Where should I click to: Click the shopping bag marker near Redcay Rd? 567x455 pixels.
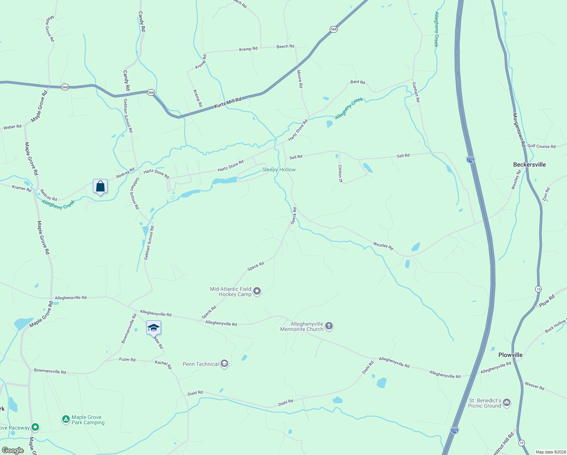[x=100, y=187]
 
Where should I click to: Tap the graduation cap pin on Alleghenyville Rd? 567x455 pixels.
[x=153, y=328]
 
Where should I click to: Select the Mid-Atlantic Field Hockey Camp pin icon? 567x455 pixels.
[x=257, y=291]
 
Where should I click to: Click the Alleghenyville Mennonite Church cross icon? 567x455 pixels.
[x=329, y=326]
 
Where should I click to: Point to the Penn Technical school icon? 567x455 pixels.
[x=224, y=364]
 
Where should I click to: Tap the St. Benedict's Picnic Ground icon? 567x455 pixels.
[x=507, y=403]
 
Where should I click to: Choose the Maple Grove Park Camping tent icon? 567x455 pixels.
[x=66, y=419]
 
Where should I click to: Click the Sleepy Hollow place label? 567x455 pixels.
[x=279, y=169]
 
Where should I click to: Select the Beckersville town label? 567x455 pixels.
[x=529, y=165]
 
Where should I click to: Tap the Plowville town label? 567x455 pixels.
[x=510, y=355]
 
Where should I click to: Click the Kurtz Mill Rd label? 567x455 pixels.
[x=228, y=103]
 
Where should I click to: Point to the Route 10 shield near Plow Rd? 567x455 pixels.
[x=538, y=289]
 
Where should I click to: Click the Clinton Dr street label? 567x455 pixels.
[x=340, y=174]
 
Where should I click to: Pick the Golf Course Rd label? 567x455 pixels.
[x=541, y=146]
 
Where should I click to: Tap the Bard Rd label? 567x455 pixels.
[x=357, y=82]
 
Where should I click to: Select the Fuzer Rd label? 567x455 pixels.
[x=127, y=359]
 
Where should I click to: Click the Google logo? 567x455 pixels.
[x=13, y=450]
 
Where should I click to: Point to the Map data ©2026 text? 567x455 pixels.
[x=550, y=452]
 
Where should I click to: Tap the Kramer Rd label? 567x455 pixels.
[x=22, y=188]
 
